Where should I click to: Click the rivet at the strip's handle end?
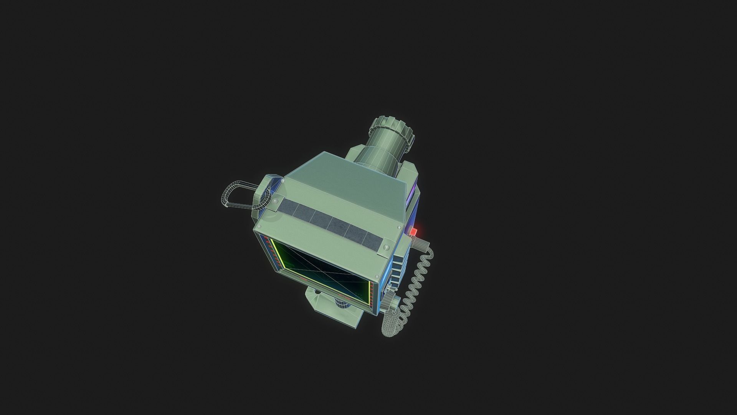275,203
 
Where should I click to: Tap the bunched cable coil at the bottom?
392,315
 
